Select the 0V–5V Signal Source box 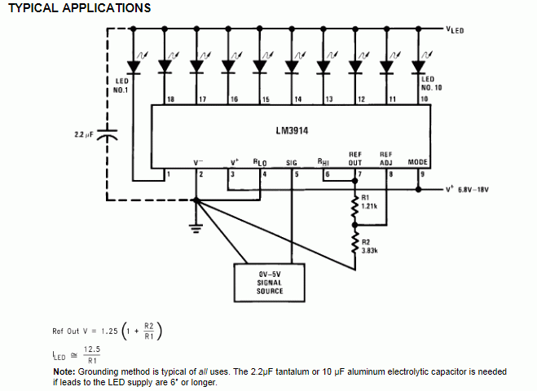point(269,282)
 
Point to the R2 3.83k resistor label point(368,245)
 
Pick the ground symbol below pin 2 point(196,229)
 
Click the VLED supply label point(455,29)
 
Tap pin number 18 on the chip point(170,99)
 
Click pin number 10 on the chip point(423,99)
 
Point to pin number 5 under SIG point(295,174)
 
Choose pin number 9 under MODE point(423,174)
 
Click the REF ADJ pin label point(386,158)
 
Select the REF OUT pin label point(355,158)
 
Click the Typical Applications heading point(78,8)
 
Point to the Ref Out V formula point(108,331)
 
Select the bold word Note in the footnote point(64,371)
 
